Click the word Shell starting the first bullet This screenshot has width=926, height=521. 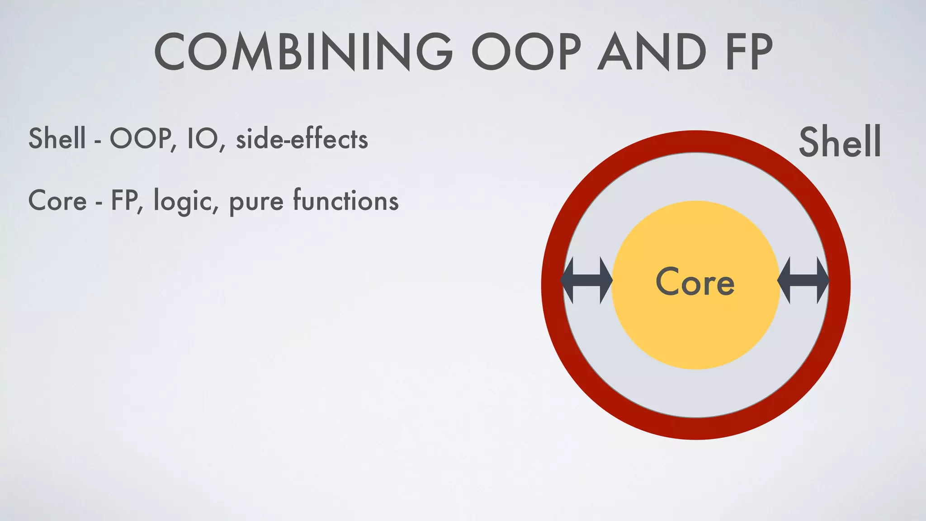point(57,138)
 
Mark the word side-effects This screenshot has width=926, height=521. point(302,138)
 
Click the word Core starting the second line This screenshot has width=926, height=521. point(57,200)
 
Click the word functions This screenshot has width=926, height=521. point(346,200)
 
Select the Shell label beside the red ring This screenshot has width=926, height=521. point(840,142)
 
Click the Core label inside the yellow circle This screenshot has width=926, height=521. point(695,282)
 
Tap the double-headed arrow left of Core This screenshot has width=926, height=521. point(586,280)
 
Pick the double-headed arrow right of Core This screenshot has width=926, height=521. point(803,280)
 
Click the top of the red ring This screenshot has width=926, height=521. point(696,142)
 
